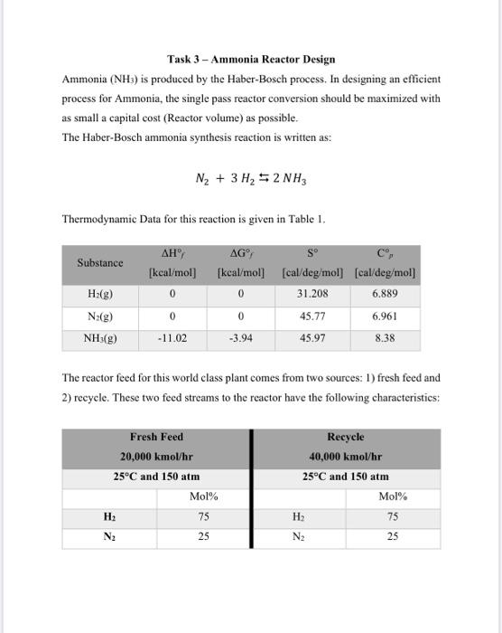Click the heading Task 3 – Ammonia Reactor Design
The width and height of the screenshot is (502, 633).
pyautogui.click(x=250, y=60)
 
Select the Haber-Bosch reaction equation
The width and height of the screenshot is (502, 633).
pyautogui.click(x=250, y=178)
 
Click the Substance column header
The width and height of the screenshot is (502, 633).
pyautogui.click(x=99, y=262)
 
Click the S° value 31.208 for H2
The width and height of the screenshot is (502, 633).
pyautogui.click(x=312, y=294)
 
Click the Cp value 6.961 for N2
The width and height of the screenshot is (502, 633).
pyautogui.click(x=385, y=317)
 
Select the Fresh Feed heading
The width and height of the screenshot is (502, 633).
pyautogui.click(x=156, y=437)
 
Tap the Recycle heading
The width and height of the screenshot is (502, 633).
pyautogui.click(x=345, y=437)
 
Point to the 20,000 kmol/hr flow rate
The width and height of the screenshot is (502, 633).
pyautogui.click(x=156, y=457)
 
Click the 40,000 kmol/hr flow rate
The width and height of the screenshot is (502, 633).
pyautogui.click(x=345, y=457)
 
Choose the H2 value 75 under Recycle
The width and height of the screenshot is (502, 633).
pyautogui.click(x=392, y=516)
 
